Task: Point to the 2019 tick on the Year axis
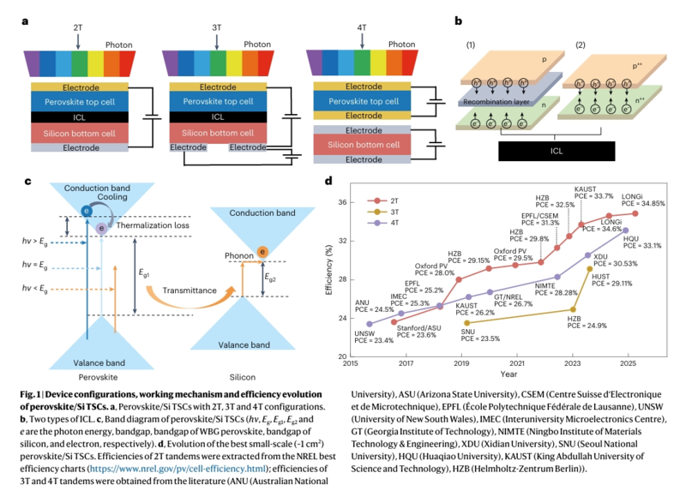pos(461,363)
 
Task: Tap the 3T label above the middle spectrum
pos(215,27)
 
